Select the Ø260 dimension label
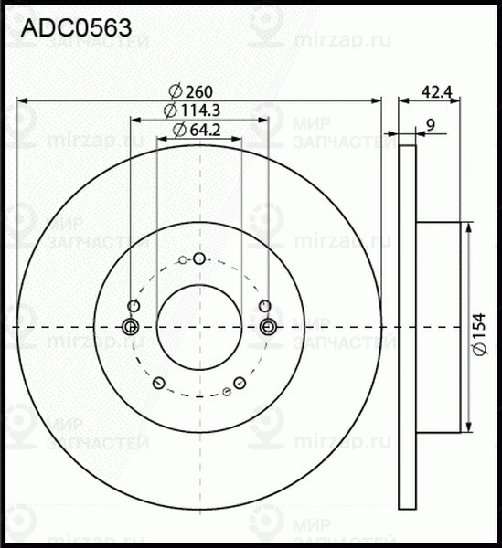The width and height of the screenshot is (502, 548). [191, 90]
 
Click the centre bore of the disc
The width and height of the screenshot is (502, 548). [198, 327]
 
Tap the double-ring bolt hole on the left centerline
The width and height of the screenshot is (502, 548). [130, 327]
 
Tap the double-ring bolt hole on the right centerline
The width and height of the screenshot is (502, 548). [268, 327]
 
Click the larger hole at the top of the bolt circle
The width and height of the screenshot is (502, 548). [201, 258]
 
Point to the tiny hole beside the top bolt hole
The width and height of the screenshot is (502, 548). [183, 261]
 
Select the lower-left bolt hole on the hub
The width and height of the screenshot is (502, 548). [159, 383]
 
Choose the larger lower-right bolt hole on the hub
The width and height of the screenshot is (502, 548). [240, 384]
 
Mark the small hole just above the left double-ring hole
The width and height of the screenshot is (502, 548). [134, 306]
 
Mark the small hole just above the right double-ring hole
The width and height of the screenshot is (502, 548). [265, 306]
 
